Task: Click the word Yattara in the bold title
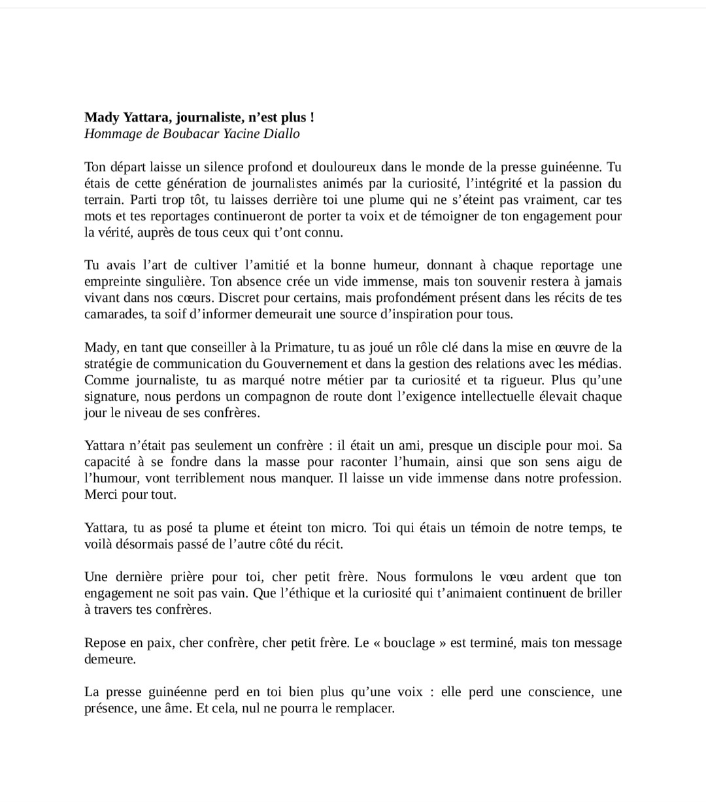pos(141,118)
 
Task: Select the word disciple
pos(509,446)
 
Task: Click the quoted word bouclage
pos(410,643)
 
